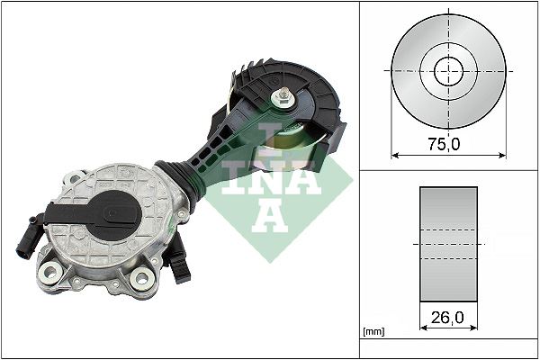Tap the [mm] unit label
(372, 333)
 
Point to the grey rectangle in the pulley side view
(448, 243)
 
